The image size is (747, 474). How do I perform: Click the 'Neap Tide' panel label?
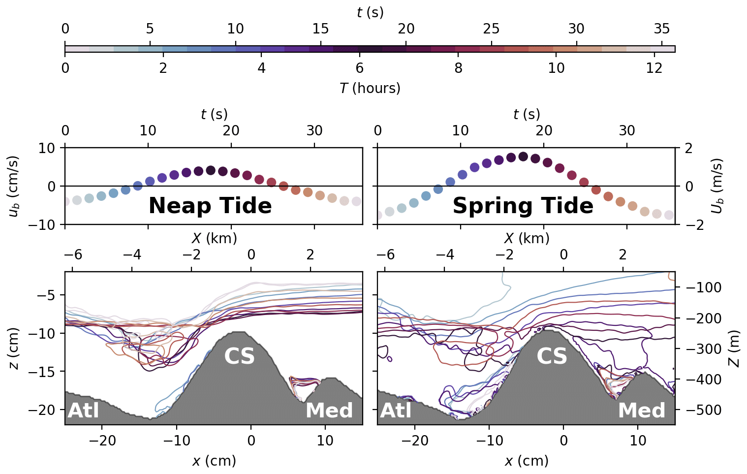(x=210, y=206)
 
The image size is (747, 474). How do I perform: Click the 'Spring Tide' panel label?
(x=523, y=206)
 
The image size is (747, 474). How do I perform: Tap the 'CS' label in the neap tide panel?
(x=240, y=356)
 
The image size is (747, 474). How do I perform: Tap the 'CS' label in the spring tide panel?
(x=552, y=356)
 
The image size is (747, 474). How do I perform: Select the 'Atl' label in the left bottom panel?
(x=84, y=411)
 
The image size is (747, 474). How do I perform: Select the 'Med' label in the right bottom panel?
(x=642, y=411)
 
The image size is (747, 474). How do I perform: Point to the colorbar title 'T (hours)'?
(x=370, y=88)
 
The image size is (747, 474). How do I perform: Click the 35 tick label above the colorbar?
(x=662, y=29)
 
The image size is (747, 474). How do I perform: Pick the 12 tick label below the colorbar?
(x=654, y=68)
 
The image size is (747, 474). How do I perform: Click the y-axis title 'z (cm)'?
(x=14, y=348)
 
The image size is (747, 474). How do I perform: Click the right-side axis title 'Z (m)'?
(x=733, y=348)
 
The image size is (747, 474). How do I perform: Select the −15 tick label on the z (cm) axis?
(x=47, y=372)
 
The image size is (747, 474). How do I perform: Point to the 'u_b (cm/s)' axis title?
(x=14, y=186)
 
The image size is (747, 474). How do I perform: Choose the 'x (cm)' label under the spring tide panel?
(x=527, y=461)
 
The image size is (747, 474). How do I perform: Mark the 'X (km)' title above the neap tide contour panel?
(x=214, y=238)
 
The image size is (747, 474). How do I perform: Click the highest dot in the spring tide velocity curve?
(x=523, y=157)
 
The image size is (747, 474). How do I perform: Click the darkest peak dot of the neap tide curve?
(x=211, y=170)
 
